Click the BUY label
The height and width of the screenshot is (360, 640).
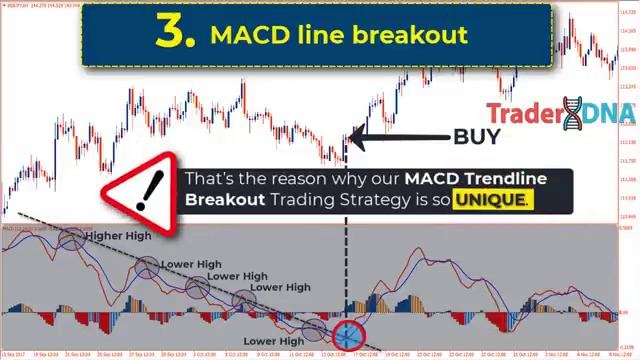476,137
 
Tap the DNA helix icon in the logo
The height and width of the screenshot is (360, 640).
572,114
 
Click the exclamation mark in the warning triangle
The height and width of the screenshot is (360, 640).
151,187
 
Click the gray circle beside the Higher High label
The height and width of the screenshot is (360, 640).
72,238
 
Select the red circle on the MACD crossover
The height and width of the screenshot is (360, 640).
347,335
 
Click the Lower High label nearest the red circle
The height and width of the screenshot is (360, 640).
273,341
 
